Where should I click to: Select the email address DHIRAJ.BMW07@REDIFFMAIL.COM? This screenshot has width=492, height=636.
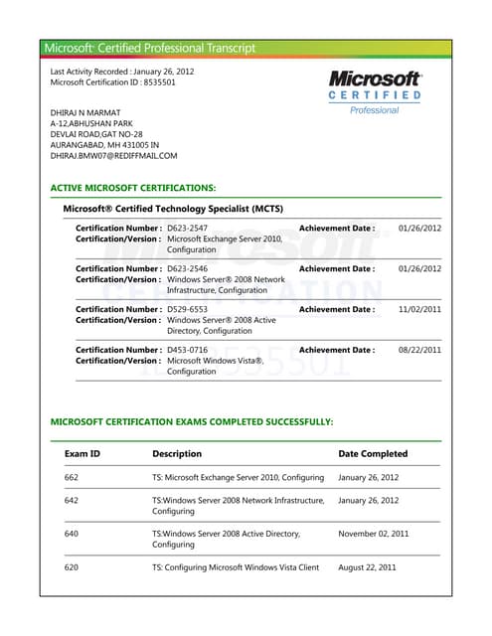[x=113, y=156]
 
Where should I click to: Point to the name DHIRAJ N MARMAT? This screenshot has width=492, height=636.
[x=85, y=112]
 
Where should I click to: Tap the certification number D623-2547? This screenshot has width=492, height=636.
[x=188, y=229]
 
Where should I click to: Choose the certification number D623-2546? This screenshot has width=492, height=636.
[x=188, y=268]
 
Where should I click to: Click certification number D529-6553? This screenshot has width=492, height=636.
[x=188, y=309]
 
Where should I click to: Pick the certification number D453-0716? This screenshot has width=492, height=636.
[x=188, y=350]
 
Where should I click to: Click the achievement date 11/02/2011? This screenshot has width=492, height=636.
[x=419, y=309]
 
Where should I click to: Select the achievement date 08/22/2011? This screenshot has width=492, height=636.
[x=419, y=350]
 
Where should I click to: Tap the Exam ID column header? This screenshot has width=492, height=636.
[x=82, y=453]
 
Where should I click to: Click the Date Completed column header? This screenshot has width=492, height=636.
[x=373, y=453]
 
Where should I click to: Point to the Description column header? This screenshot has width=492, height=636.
[x=177, y=453]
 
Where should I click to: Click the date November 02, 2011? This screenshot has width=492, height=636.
[x=374, y=534]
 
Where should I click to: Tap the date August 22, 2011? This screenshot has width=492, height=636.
[x=368, y=567]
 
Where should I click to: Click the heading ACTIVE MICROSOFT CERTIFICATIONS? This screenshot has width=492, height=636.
[x=132, y=187]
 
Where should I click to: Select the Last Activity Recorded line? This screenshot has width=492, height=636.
[x=122, y=72]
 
